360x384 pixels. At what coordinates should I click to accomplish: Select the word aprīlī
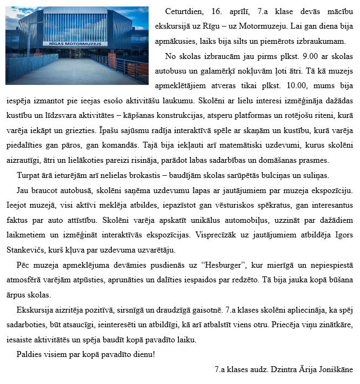[241, 11]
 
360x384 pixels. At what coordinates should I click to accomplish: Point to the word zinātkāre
[334, 325]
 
